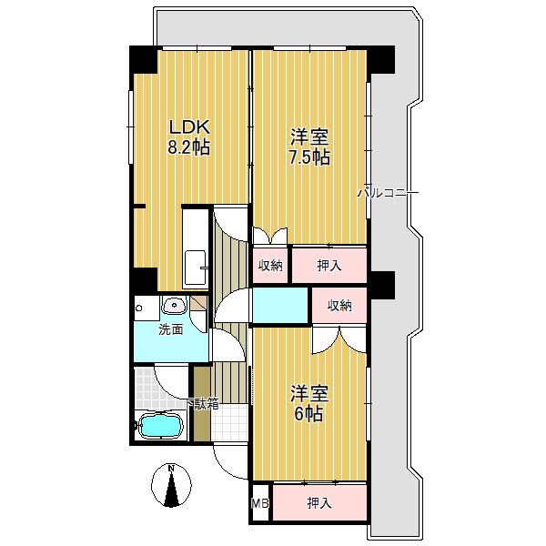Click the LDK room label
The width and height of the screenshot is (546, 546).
tap(190, 127)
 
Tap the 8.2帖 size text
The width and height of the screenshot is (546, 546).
tap(189, 147)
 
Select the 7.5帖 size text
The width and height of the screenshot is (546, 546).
tap(309, 157)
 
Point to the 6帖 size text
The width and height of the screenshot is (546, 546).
tap(309, 414)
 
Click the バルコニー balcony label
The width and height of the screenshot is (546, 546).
tap(389, 193)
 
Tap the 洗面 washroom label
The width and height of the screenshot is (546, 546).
tap(171, 329)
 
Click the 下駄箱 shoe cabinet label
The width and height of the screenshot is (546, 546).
tap(203, 404)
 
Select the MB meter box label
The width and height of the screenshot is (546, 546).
tap(260, 503)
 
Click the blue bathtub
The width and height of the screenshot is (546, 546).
tap(160, 425)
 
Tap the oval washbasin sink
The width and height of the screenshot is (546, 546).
tap(175, 306)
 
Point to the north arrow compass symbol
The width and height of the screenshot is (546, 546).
tap(171, 485)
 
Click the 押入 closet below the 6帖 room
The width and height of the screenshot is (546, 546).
tap(319, 503)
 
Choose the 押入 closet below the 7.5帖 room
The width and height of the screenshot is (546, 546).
tap(329, 266)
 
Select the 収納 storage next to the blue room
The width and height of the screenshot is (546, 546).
tap(339, 306)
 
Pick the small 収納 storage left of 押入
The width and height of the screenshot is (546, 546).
tap(270, 266)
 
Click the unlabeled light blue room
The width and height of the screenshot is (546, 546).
tap(280, 306)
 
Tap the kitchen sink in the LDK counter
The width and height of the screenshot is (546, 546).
tap(195, 268)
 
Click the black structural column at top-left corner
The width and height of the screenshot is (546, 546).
tap(143, 59)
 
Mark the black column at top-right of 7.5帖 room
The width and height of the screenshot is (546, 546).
tap(381, 59)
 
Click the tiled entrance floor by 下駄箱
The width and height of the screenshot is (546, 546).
tap(229, 422)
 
